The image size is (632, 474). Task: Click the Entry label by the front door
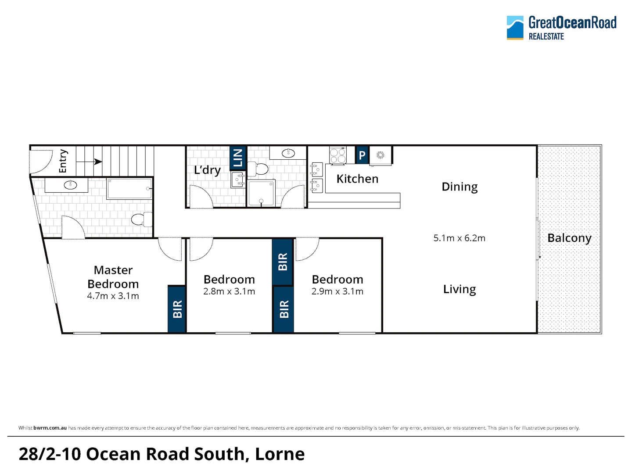click(x=63, y=161)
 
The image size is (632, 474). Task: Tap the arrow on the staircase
click(x=89, y=162)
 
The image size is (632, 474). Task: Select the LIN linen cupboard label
click(x=237, y=158)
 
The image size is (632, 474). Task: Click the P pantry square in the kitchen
click(x=362, y=155)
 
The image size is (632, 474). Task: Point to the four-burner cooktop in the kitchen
click(x=338, y=156)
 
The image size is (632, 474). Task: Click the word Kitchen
click(x=357, y=179)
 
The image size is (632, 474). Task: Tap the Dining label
click(x=460, y=187)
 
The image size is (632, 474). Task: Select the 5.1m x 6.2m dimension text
click(x=459, y=238)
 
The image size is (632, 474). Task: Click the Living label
click(x=460, y=289)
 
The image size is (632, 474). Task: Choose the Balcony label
click(x=569, y=238)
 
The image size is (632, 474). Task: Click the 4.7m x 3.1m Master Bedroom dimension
click(x=113, y=296)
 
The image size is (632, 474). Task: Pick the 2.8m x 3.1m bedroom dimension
click(x=229, y=291)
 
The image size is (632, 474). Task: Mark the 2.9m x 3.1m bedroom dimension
click(x=338, y=291)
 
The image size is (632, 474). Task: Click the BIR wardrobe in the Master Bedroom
click(x=176, y=309)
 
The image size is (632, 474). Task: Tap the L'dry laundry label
click(x=207, y=170)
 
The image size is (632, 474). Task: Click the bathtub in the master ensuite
click(x=129, y=189)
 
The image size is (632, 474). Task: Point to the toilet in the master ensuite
click(x=142, y=219)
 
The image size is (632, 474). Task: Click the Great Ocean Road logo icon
click(x=515, y=28)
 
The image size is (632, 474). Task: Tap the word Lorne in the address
click(x=280, y=454)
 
